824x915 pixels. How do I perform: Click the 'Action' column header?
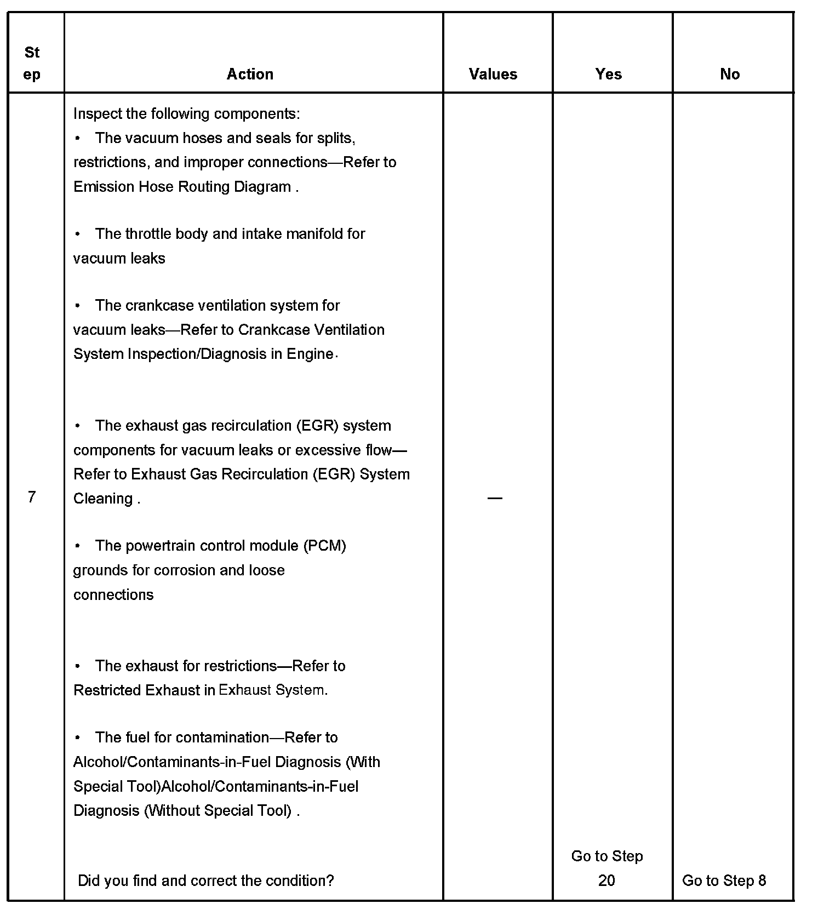250,74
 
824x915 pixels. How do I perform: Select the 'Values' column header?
493,74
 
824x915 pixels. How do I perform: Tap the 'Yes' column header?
609,74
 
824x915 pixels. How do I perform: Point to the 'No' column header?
730,74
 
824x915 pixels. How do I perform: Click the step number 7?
32,497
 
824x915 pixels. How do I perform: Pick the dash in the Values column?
495,498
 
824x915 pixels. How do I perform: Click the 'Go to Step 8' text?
724,880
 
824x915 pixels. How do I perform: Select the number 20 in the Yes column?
606,880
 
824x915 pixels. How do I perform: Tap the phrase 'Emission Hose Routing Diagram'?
182,187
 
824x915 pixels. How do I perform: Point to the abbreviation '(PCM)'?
324,546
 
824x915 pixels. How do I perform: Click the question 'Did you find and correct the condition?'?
206,880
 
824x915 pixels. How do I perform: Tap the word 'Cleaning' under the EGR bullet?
103,499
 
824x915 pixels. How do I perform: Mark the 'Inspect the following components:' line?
186,114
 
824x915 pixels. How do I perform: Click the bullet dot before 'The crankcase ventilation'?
78,305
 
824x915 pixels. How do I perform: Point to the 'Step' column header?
32,63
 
